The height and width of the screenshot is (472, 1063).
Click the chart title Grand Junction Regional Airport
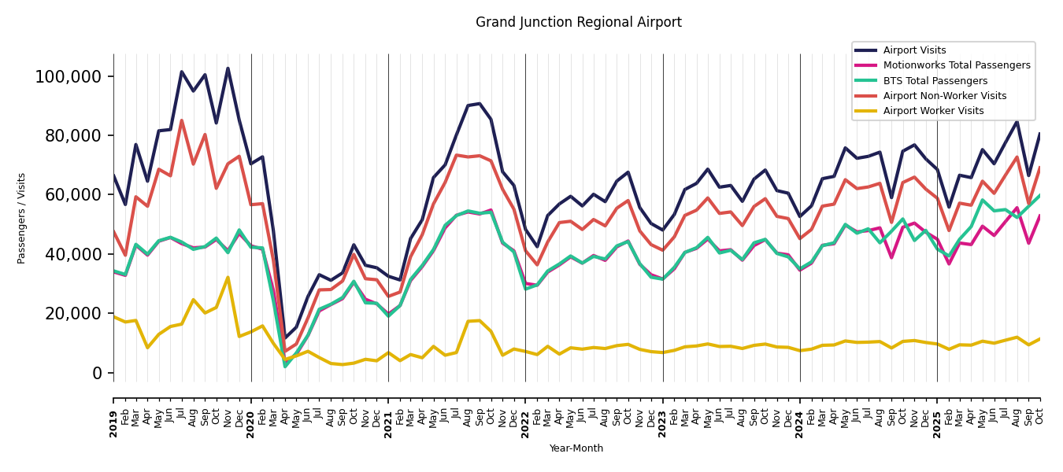578,23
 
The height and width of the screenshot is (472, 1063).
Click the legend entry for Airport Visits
914,50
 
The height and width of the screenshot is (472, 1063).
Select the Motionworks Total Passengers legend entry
956,65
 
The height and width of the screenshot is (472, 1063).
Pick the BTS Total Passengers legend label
935,81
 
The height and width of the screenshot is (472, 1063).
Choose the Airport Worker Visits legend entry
933,111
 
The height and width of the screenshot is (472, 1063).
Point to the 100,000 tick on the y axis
68,76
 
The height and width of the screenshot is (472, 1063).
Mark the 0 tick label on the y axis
98,373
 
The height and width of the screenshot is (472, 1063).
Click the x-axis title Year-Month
576,448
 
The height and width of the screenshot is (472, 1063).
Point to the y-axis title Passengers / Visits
22,218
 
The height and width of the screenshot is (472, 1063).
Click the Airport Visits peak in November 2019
228,68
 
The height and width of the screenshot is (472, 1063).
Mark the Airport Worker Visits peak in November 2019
228,277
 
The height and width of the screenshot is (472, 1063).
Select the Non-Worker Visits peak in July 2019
182,120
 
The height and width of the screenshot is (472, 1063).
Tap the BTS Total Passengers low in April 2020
285,367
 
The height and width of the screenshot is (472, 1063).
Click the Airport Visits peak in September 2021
480,103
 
